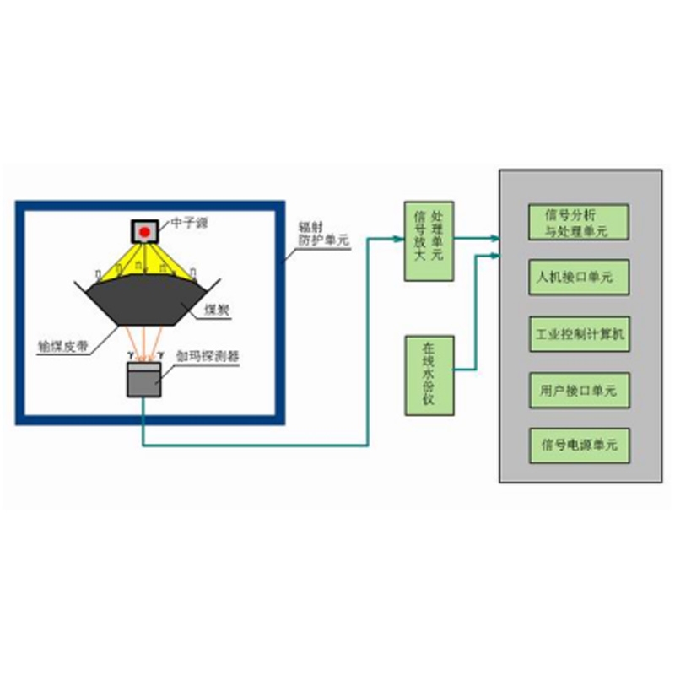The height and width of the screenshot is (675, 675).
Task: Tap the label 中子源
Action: [189, 223]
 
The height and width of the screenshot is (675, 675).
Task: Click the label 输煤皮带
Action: [60, 345]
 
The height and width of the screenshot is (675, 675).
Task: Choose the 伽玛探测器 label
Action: [207, 356]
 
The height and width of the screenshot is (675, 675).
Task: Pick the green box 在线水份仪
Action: [429, 375]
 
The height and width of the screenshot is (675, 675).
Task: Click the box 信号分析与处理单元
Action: [578, 221]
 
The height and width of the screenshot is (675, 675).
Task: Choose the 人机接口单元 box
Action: [578, 276]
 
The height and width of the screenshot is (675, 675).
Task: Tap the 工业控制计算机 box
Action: [578, 334]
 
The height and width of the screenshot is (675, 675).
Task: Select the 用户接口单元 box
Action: [578, 391]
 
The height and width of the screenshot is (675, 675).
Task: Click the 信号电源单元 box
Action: [578, 445]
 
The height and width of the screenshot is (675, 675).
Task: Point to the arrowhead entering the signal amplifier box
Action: [401, 239]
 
